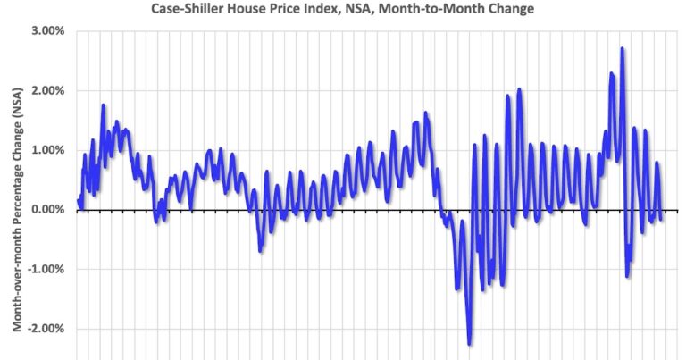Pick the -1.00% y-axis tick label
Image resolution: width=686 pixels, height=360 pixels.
[x=46, y=270]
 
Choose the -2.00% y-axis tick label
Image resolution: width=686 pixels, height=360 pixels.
[x=46, y=329]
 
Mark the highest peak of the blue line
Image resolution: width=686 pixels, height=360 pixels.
[x=622, y=49]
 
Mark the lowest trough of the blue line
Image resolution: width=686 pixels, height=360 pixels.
[x=470, y=343]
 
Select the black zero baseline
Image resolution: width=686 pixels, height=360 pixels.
[x=357, y=211]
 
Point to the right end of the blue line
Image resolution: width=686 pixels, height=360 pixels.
[x=662, y=219]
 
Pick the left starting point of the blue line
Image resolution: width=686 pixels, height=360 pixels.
[x=79, y=200]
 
